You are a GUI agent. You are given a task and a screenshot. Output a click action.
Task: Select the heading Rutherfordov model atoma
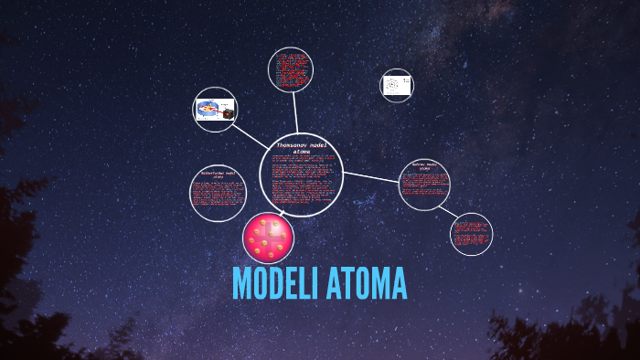tap(218, 174)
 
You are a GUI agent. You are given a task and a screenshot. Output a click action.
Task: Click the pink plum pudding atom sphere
tap(269, 237)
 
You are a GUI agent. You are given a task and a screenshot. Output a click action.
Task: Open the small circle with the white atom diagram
tap(396, 86)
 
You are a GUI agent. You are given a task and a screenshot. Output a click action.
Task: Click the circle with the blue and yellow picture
tap(216, 110)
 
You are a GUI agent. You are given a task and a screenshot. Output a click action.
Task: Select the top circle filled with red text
tap(292, 70)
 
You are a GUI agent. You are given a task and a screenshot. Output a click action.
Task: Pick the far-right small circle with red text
tap(472, 233)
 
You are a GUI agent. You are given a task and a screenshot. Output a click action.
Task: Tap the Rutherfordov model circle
tap(218, 193)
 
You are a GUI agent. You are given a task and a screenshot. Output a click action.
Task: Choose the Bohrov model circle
tap(425, 185)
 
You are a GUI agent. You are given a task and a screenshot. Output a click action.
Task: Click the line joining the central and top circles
tap(295, 114)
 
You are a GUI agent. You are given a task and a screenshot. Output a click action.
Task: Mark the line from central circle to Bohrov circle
tap(371, 175)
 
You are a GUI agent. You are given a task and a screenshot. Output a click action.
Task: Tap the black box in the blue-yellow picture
tap(228, 113)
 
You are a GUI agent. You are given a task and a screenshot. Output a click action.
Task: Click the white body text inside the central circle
tap(301, 187)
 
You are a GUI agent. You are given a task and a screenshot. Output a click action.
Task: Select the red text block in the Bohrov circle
tap(424, 186)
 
